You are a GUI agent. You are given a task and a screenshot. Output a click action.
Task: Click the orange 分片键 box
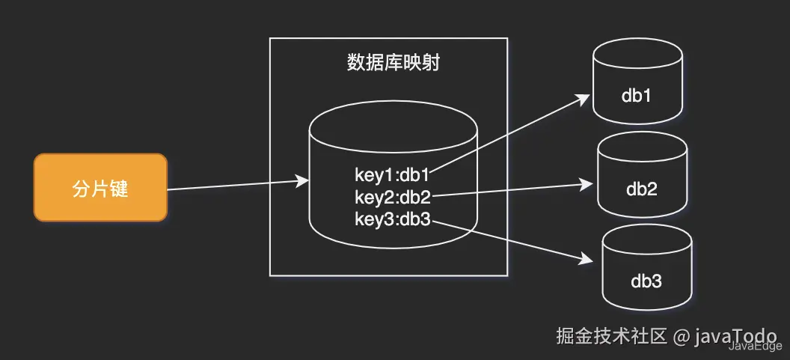click(x=100, y=188)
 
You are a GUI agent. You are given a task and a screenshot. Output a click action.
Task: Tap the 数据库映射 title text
click(x=394, y=63)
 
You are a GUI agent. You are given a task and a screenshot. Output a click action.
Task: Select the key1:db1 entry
click(x=392, y=175)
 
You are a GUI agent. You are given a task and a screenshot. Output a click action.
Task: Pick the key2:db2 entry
click(x=393, y=197)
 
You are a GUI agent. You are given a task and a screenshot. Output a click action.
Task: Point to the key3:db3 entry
click(x=393, y=219)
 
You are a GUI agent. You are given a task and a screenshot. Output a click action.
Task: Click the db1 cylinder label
click(x=637, y=96)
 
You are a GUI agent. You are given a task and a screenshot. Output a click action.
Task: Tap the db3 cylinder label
click(x=646, y=281)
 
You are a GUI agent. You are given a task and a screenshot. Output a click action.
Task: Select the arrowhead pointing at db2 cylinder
click(x=587, y=185)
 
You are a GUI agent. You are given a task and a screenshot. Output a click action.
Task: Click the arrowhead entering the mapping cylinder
click(x=302, y=180)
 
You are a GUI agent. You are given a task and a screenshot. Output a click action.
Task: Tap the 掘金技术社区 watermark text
click(x=612, y=336)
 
